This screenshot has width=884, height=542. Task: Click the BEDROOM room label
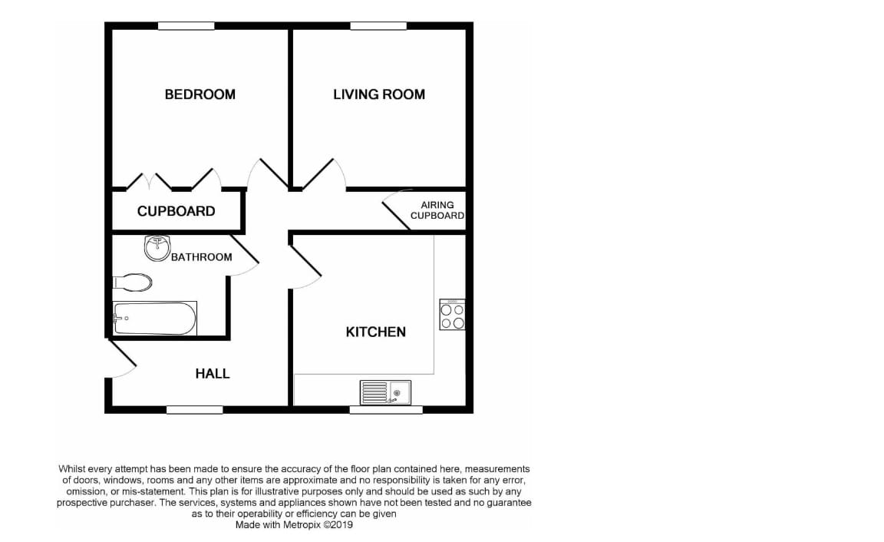pos(200,94)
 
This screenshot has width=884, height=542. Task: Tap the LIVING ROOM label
pos(378,94)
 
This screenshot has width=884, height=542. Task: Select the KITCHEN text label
pos(375,332)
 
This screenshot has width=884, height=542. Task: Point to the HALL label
pos(213,374)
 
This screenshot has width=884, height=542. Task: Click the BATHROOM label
pos(201,257)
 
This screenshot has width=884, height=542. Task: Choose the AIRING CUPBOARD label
pos(437,210)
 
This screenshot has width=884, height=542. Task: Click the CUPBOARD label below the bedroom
pos(176,211)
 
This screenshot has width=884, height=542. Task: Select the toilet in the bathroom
pos(133,283)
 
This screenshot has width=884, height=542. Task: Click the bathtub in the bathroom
pos(155,319)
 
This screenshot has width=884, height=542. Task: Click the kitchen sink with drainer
pos(386,392)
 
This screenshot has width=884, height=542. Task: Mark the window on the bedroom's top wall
pos(186,26)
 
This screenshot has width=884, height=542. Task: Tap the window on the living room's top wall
pos(378,26)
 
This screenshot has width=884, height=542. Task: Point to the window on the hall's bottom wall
pos(194,410)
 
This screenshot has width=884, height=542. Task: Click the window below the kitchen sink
pos(385,410)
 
